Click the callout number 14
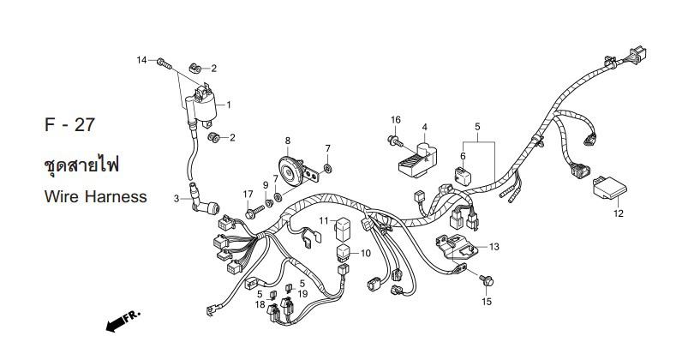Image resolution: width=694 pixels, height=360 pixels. click(142, 59)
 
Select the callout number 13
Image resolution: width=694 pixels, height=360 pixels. click(494, 247)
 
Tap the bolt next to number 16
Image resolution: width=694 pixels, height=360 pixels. click(393, 138)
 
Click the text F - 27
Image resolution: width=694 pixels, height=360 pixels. click(70, 124)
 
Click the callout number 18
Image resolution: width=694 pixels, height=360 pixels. click(260, 304)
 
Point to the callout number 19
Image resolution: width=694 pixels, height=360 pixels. click(302, 293)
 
